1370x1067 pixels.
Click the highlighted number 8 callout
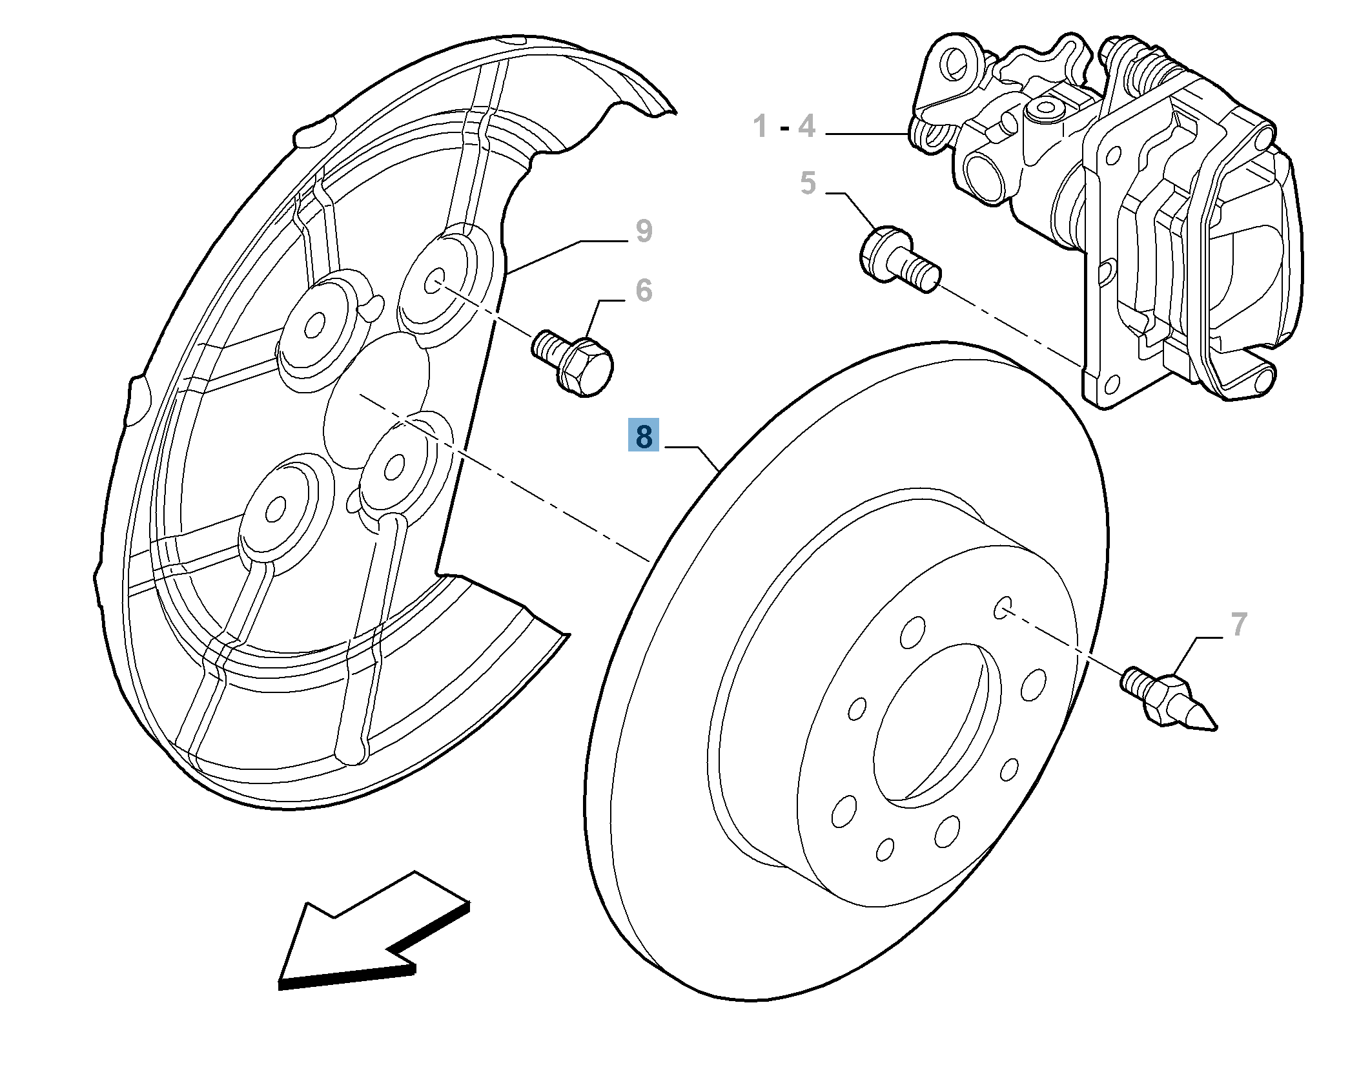click(643, 435)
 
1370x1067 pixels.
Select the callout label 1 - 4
click(784, 126)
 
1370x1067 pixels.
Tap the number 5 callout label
click(808, 183)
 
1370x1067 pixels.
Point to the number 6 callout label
click(644, 290)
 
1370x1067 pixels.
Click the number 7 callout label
click(1238, 624)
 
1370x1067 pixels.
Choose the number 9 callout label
click(644, 231)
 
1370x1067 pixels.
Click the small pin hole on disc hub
click(1003, 607)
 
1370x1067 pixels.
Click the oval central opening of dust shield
click(374, 400)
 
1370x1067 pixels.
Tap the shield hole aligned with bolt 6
click(435, 282)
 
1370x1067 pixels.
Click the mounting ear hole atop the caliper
click(954, 63)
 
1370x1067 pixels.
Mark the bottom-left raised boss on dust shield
click(276, 510)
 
